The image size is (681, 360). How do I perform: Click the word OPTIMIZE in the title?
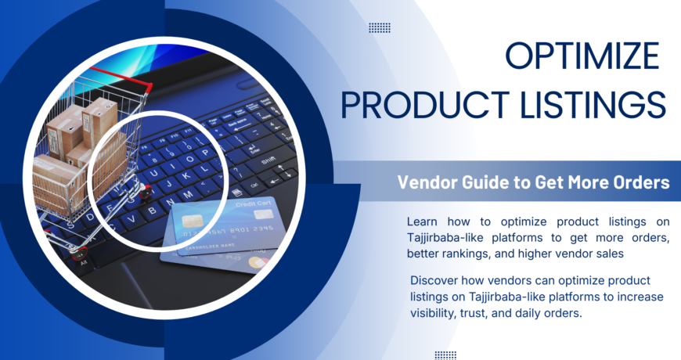(x=582, y=56)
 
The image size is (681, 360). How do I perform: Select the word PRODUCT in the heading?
(x=425, y=104)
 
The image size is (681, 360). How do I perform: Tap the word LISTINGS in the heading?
(x=593, y=104)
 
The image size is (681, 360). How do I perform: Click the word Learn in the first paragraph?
(x=422, y=222)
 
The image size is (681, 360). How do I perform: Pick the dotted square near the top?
(x=380, y=28)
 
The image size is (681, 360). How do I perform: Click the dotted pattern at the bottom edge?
(x=445, y=355)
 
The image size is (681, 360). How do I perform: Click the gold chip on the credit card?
(x=191, y=221)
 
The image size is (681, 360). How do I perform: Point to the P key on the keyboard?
(x=205, y=153)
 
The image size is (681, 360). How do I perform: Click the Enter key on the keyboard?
(x=254, y=148)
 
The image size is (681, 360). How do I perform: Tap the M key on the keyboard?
(x=187, y=195)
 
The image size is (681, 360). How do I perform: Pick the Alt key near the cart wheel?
(x=84, y=262)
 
